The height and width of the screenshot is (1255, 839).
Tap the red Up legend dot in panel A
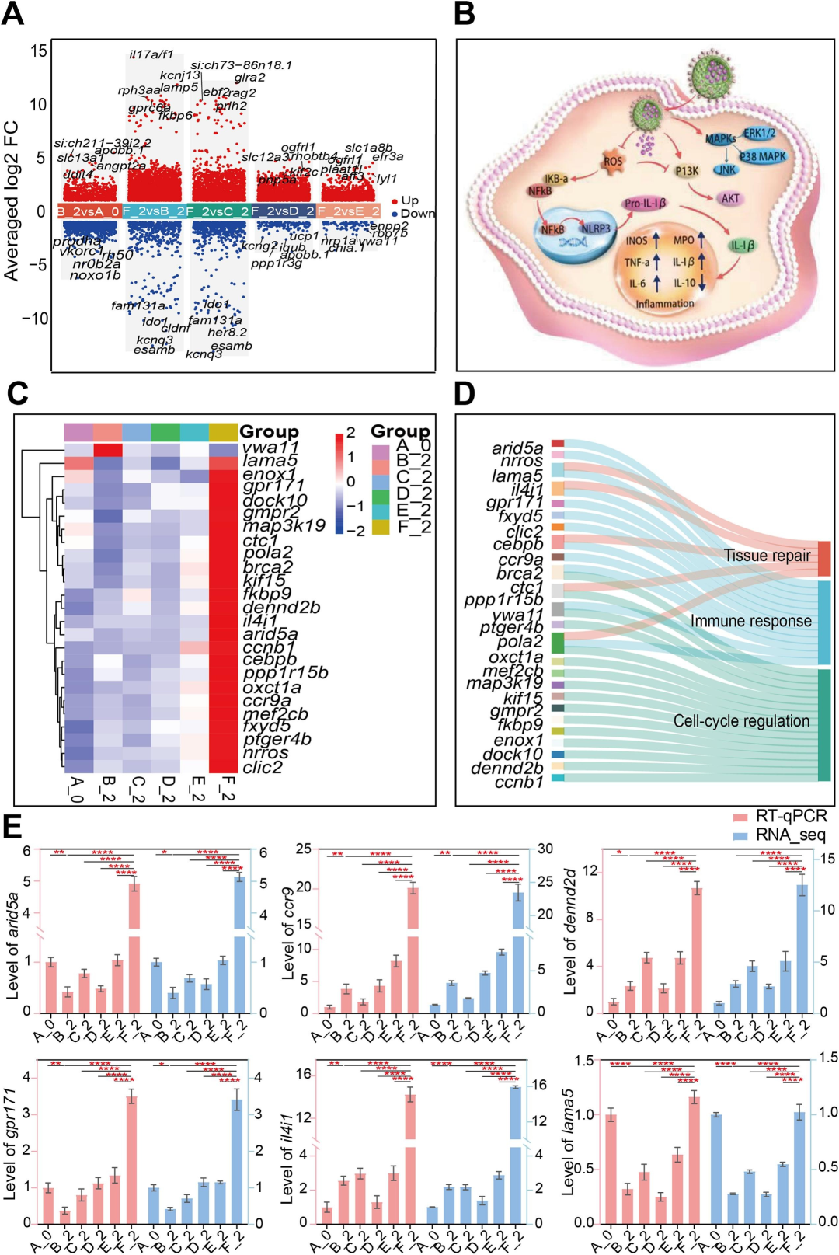coord(395,201)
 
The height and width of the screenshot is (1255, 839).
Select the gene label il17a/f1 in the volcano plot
coord(151,54)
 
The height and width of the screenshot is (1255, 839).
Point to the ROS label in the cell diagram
coord(613,162)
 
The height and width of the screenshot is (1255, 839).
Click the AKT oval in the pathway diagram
coord(730,198)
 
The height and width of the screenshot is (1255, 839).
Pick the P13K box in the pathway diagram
coord(687,171)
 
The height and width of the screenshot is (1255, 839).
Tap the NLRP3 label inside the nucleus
coord(596,228)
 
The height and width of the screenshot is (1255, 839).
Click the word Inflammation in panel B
coord(665,304)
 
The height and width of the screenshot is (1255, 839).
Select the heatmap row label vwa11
coord(270,448)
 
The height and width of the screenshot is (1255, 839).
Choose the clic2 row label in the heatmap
coord(263,767)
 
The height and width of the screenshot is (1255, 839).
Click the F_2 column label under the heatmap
coord(225,788)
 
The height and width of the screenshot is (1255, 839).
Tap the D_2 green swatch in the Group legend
coord(381,495)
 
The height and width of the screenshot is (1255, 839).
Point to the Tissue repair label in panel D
coord(767,555)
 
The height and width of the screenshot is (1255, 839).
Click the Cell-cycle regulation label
coord(741,721)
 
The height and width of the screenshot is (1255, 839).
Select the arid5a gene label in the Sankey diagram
coord(517,448)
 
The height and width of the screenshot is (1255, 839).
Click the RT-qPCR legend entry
coord(781,817)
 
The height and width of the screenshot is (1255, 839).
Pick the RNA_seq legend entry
coord(780,835)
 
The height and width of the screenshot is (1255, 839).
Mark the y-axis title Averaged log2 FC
coord(12,200)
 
